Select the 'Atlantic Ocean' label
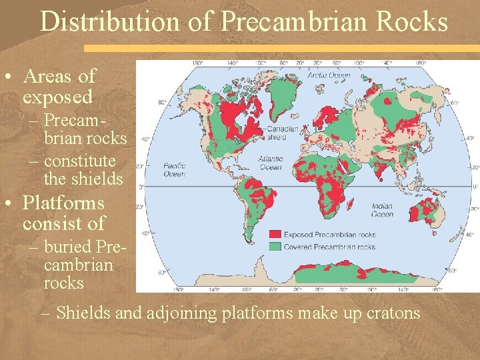270,163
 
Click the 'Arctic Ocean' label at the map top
328,76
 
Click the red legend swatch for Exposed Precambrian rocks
275,235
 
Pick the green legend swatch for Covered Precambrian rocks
275,247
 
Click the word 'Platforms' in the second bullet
64,203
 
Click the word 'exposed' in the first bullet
57,97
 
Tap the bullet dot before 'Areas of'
7,77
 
